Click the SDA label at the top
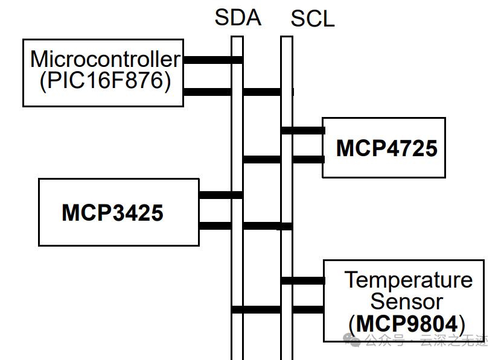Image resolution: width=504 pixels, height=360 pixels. point(237,17)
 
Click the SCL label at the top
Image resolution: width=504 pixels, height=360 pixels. point(312,19)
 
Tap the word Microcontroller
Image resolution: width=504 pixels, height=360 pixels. point(105,59)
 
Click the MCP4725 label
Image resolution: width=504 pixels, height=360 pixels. point(386,148)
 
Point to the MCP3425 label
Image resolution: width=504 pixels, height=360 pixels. point(112,212)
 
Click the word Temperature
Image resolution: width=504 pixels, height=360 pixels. point(408,280)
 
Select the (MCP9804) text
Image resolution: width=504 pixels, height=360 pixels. point(407,324)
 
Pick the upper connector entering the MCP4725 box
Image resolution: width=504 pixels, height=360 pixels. point(308,130)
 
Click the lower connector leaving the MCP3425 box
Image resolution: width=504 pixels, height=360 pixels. point(215,226)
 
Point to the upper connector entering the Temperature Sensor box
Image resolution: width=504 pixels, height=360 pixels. point(308,280)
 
